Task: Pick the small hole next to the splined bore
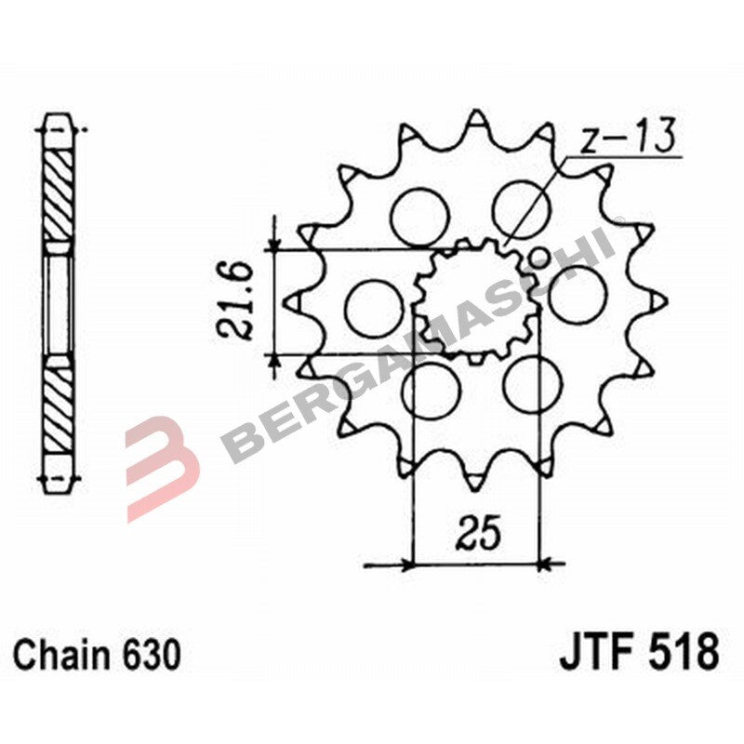pyautogui.click(x=537, y=257)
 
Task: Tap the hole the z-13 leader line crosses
pyautogui.click(x=523, y=206)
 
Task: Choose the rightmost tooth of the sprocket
pyautogui.click(x=659, y=300)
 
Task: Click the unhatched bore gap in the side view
pyautogui.click(x=59, y=301)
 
